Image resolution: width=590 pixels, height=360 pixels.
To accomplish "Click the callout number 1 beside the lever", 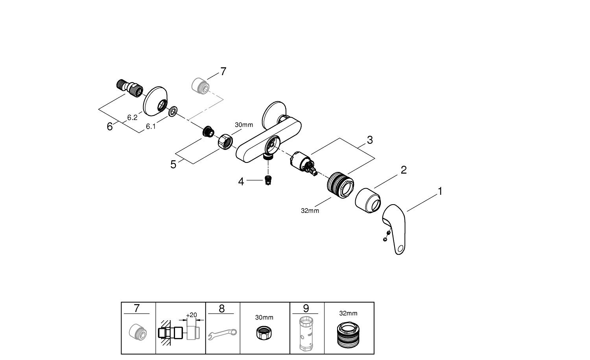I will click(x=440, y=191).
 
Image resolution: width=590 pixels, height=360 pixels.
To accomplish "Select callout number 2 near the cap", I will click(x=403, y=170).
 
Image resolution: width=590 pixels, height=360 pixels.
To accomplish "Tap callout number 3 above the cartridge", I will click(x=370, y=140).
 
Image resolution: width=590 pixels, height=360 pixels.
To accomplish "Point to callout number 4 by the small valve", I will click(x=241, y=181).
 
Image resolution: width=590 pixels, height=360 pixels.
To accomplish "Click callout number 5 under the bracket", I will click(x=173, y=164).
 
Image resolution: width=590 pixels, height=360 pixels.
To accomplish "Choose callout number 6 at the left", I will click(x=110, y=127).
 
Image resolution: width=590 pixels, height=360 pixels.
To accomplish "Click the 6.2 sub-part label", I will click(x=132, y=117).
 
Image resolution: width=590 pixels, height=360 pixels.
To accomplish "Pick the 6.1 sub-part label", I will click(x=151, y=126).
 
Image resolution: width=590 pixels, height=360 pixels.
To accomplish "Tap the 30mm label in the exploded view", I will click(x=244, y=125).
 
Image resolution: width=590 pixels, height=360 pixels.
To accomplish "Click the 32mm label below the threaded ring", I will click(x=310, y=210).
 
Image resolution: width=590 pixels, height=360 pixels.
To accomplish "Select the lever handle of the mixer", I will click(x=395, y=228).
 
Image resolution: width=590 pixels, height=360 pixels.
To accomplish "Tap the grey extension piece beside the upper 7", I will click(x=200, y=85).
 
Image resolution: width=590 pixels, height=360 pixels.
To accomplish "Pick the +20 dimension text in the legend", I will click(x=191, y=315).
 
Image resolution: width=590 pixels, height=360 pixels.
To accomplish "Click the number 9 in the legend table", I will click(x=306, y=308).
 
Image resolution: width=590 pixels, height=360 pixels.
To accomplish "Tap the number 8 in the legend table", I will click(x=221, y=308).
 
